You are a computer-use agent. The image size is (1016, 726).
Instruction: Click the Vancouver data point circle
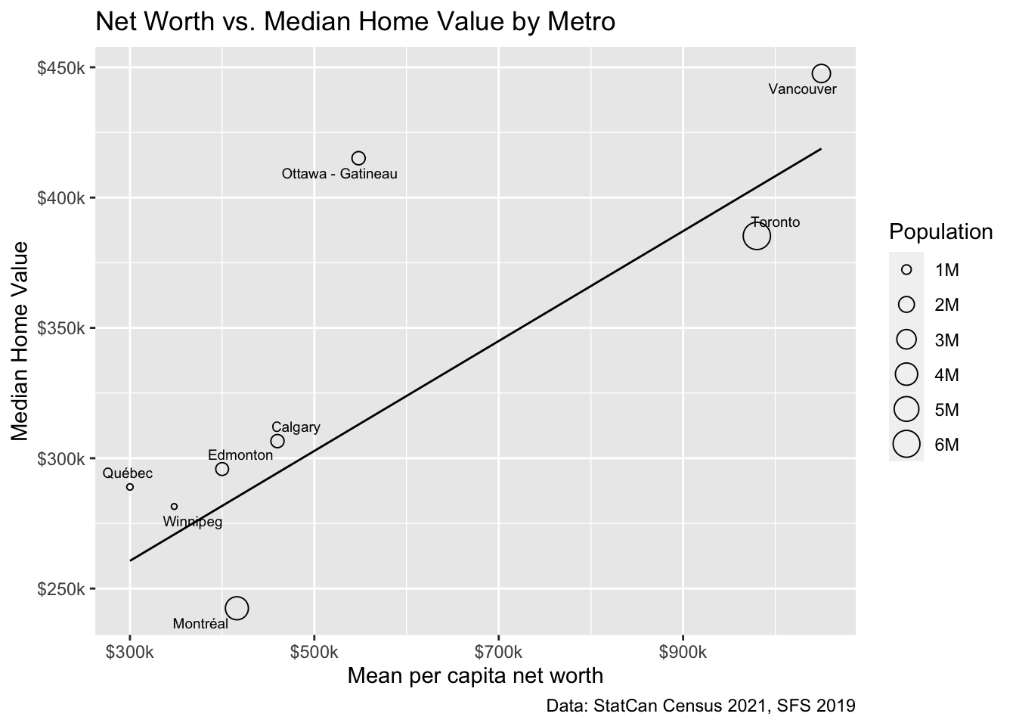tap(821, 73)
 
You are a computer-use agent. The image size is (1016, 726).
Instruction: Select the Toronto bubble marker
tap(756, 236)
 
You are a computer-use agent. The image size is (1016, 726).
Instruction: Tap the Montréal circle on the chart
tap(237, 607)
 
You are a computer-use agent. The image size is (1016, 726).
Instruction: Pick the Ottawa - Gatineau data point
tap(358, 158)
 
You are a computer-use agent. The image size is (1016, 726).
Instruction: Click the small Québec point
tap(130, 487)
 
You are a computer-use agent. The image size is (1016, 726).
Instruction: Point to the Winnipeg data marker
tap(175, 507)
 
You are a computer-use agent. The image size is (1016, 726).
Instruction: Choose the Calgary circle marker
tap(277, 441)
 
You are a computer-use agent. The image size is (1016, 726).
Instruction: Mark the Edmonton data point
tap(222, 469)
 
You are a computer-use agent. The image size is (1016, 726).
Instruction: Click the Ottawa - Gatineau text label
tap(339, 175)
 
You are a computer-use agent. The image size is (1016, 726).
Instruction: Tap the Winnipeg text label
tap(193, 522)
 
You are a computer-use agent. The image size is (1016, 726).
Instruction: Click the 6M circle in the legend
tap(906, 445)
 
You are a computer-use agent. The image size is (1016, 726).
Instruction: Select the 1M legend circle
tap(906, 269)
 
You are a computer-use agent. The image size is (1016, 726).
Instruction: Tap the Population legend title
tap(941, 232)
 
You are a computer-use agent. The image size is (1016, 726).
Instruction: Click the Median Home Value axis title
tap(20, 340)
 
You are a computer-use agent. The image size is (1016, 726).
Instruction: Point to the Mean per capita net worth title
tap(475, 675)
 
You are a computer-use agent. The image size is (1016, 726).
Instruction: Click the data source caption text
tap(701, 706)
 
